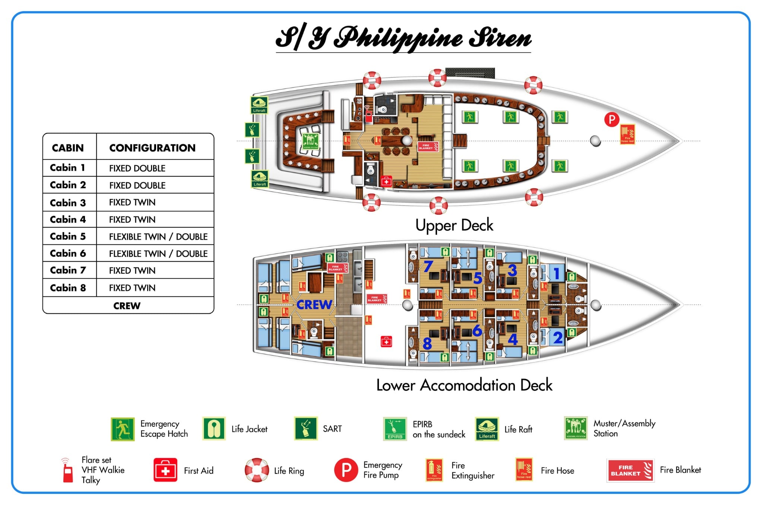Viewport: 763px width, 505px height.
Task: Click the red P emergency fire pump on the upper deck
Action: [x=611, y=120]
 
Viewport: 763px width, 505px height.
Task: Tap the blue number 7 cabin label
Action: [x=428, y=266]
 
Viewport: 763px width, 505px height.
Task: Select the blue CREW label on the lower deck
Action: [x=314, y=304]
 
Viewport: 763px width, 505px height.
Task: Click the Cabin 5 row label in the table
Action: [x=68, y=236]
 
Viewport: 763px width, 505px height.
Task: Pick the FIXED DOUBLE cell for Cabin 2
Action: [x=137, y=185]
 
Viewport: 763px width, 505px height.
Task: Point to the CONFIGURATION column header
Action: [x=152, y=148]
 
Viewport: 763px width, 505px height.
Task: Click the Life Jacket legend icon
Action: [x=214, y=429]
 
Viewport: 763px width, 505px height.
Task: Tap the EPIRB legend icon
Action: [x=395, y=429]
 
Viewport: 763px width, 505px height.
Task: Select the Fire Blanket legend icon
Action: [x=630, y=470]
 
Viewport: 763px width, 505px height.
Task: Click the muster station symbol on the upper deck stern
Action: [x=310, y=141]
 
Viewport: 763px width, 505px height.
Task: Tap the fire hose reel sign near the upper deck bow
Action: [x=627, y=134]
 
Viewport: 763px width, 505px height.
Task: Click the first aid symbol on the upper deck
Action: [x=386, y=182]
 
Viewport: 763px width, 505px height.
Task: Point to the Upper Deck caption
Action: [x=454, y=225]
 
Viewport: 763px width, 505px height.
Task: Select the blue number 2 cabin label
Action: [x=558, y=338]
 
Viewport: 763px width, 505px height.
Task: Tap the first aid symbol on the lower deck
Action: [x=386, y=341]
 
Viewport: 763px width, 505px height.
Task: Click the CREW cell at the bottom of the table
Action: [x=127, y=306]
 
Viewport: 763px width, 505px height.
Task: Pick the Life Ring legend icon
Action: [x=257, y=470]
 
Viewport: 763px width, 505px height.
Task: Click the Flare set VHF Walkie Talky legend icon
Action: [x=67, y=471]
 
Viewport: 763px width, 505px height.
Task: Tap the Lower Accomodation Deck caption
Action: [x=464, y=385]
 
